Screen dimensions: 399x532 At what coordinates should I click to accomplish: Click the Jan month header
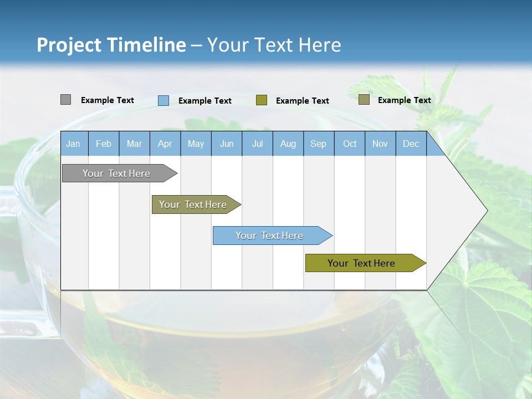tap(73, 144)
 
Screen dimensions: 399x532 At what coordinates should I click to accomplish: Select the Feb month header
tap(104, 144)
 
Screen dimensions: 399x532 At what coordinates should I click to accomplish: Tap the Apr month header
tap(165, 144)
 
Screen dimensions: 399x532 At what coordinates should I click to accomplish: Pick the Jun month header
tap(227, 144)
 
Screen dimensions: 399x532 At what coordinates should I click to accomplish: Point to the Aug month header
tap(288, 144)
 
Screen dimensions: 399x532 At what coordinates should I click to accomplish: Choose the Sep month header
tap(319, 144)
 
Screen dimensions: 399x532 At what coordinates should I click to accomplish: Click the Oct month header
tap(350, 144)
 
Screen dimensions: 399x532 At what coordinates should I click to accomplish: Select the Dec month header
tap(411, 144)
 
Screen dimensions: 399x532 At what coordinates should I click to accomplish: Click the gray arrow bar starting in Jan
tap(116, 173)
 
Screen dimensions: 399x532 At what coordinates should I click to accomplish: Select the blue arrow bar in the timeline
tap(270, 236)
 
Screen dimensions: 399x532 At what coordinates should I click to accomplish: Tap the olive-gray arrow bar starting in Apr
tap(193, 204)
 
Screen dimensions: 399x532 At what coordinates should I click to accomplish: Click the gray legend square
tap(65, 100)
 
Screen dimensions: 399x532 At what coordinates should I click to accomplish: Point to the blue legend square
tap(163, 100)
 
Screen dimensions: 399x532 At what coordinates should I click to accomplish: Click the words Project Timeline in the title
tap(111, 45)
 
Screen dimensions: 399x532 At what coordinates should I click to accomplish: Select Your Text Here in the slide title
tap(274, 45)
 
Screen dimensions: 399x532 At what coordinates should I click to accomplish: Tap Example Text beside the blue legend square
tap(205, 101)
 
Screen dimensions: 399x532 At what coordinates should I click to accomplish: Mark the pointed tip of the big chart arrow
tap(486, 210)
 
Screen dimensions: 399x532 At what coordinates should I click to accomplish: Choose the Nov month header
tap(380, 144)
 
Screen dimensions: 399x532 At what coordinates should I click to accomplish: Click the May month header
tap(196, 144)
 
